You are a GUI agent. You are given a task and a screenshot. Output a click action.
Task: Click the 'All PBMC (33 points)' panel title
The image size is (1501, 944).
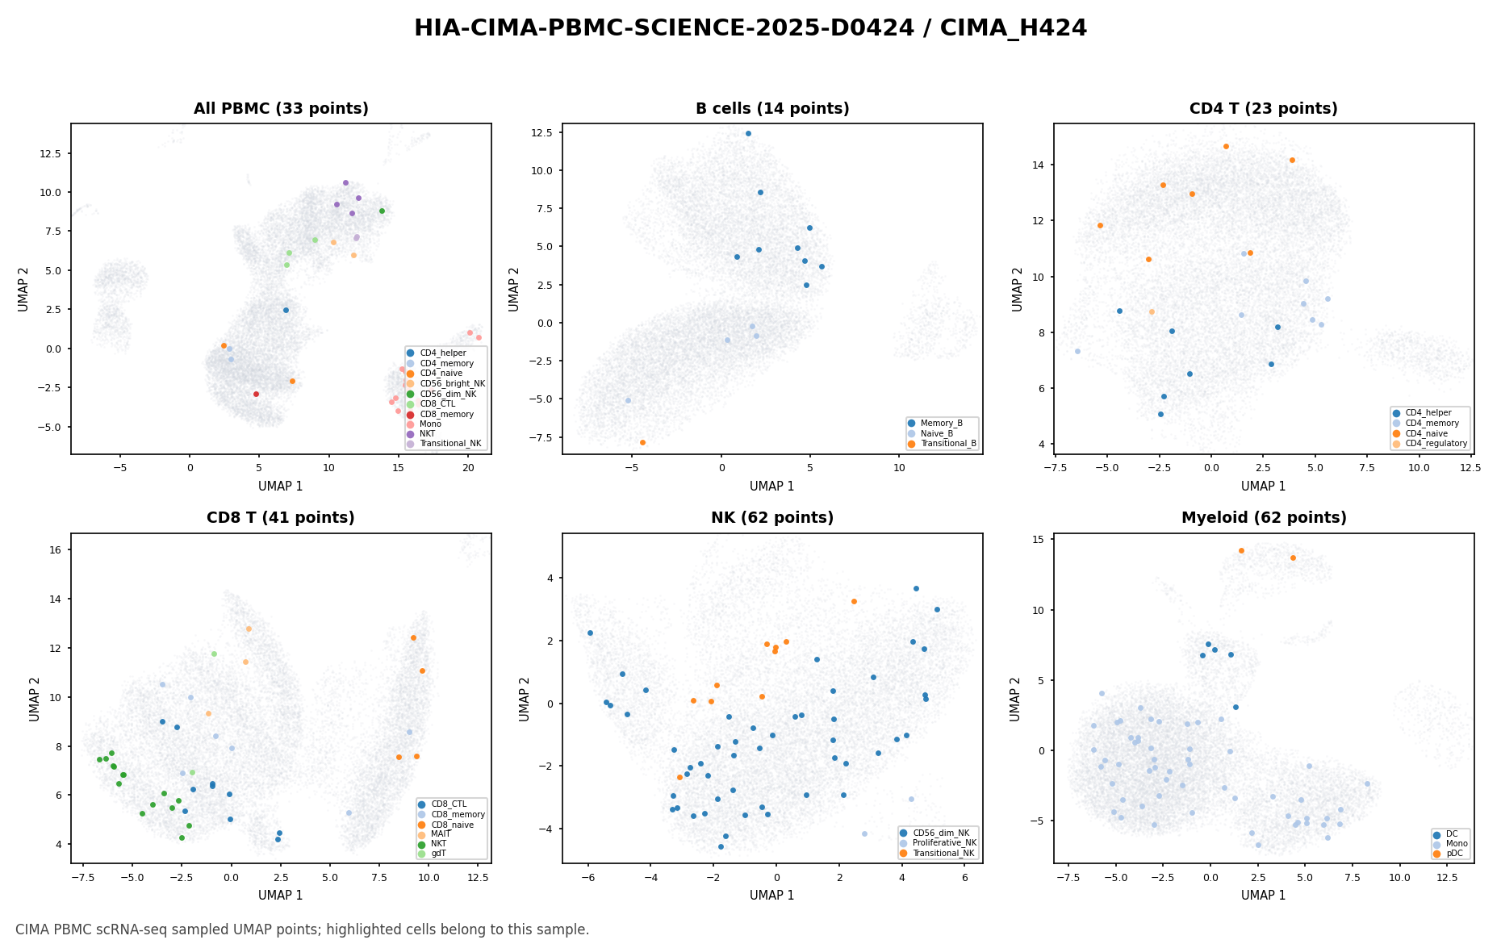pyautogui.click(x=281, y=109)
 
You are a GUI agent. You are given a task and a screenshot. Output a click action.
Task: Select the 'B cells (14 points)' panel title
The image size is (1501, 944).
pyautogui.click(x=772, y=109)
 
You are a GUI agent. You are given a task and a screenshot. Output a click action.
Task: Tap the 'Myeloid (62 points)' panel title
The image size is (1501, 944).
pyautogui.click(x=1264, y=518)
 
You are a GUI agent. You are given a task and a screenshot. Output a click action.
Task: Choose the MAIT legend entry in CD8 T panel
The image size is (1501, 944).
pyautogui.click(x=435, y=834)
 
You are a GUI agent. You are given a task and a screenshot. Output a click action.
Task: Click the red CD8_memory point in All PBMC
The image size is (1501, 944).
pyautogui.click(x=256, y=394)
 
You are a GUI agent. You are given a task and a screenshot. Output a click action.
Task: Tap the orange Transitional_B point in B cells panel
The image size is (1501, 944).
pyautogui.click(x=642, y=442)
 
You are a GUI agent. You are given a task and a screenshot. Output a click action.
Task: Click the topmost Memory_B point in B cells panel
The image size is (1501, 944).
pyautogui.click(x=748, y=134)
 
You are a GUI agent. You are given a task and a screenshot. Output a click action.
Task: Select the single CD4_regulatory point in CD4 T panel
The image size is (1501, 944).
pyautogui.click(x=1152, y=311)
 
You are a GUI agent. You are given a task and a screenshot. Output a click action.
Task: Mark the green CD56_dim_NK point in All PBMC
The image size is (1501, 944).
pyautogui.click(x=382, y=211)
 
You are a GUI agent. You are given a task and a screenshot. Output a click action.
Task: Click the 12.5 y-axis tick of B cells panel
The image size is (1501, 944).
pyautogui.click(x=543, y=132)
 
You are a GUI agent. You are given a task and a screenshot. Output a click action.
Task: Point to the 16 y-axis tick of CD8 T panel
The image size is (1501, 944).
pyautogui.click(x=60, y=549)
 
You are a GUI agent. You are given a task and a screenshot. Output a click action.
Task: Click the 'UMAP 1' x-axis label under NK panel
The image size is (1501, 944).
pyautogui.click(x=772, y=896)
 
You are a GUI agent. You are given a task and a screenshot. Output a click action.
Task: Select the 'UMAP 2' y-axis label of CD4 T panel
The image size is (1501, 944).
pyautogui.click(x=1017, y=289)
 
